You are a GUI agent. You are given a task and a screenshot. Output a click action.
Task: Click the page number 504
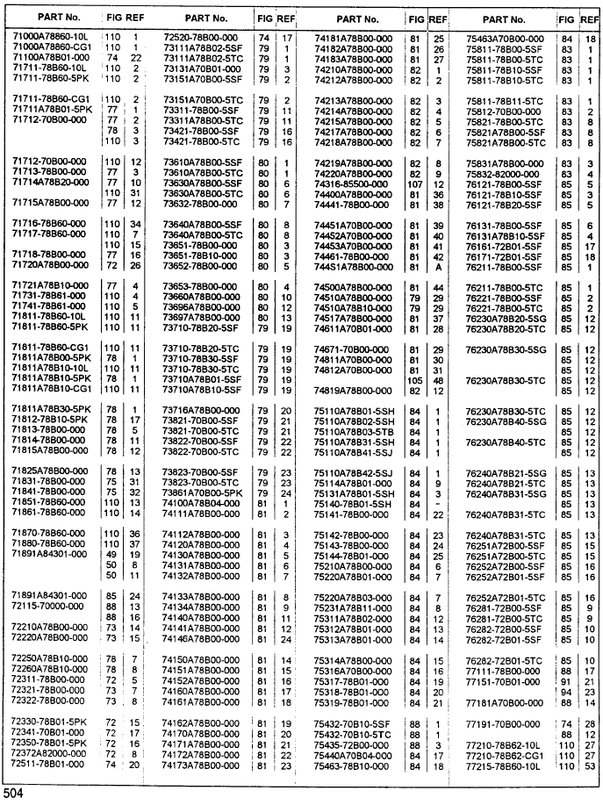coord(13,794)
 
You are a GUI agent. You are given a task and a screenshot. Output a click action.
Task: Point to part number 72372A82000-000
coord(49,752)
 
